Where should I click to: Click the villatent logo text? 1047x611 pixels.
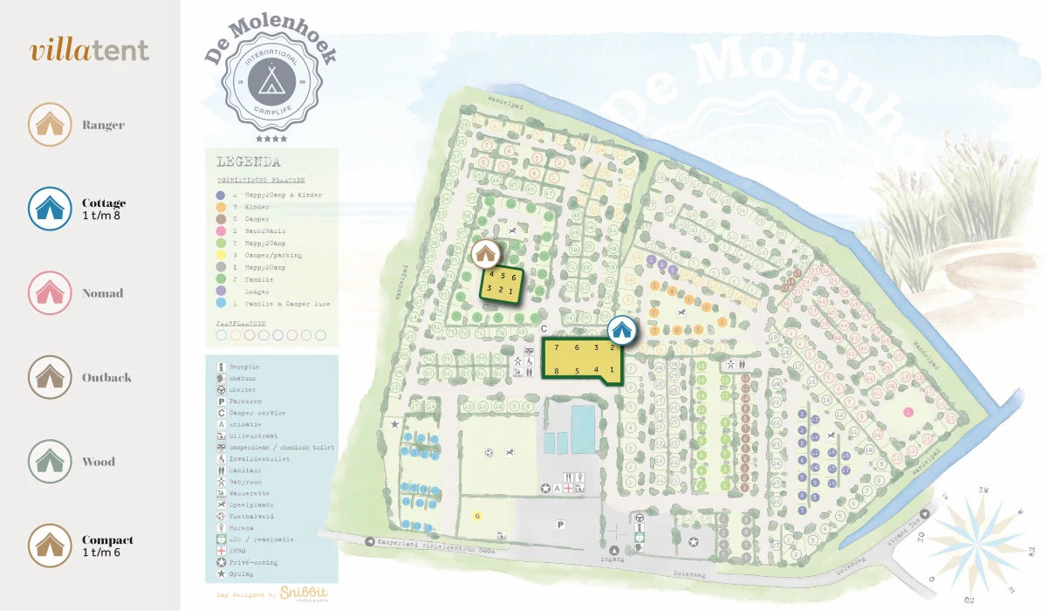tap(90, 51)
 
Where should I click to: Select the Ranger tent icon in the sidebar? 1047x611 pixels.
tap(50, 125)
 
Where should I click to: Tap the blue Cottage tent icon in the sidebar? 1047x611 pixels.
tap(50, 209)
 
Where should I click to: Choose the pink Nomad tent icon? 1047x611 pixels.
tap(50, 293)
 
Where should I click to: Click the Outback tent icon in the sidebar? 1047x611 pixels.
tap(50, 377)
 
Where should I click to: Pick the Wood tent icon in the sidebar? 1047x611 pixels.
tap(50, 462)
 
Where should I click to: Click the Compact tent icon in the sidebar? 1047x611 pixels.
tap(50, 546)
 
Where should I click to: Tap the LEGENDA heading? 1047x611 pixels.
tap(248, 162)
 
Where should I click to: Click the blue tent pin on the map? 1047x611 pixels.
tap(621, 329)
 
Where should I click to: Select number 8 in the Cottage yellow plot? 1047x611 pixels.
tap(557, 371)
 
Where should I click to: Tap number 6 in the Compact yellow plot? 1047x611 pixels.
tap(514, 277)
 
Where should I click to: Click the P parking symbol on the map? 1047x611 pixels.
tap(561, 525)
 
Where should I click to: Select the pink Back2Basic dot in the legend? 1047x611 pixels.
tap(222, 231)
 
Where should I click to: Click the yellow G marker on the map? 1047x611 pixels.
tap(477, 516)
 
